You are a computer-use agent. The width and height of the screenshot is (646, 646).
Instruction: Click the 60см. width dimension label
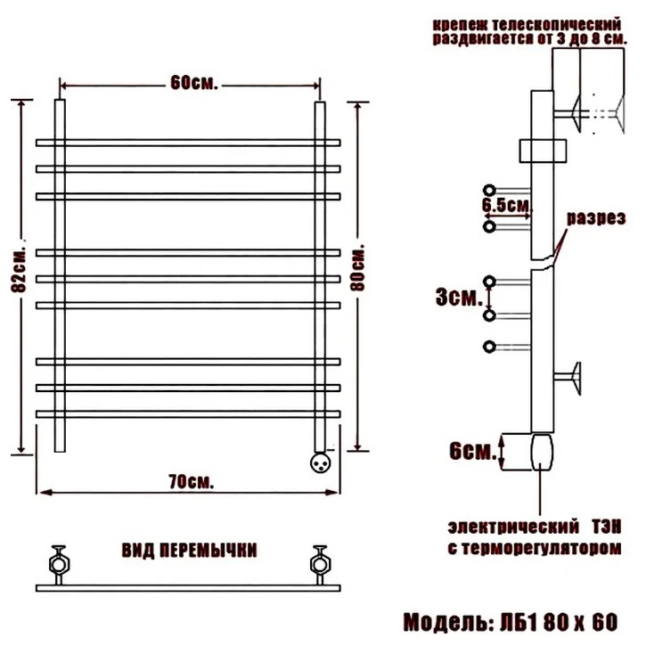click(193, 83)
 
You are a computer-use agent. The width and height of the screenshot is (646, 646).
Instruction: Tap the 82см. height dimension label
click(19, 270)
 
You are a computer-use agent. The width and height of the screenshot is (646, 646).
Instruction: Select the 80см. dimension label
click(357, 268)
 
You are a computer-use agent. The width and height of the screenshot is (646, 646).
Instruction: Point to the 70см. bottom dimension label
click(192, 481)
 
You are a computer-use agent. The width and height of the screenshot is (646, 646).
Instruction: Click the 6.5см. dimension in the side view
click(506, 205)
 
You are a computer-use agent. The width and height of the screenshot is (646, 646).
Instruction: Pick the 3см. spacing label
click(459, 297)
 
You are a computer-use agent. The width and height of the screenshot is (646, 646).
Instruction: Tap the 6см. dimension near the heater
click(473, 452)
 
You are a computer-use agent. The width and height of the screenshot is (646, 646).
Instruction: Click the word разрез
click(596, 218)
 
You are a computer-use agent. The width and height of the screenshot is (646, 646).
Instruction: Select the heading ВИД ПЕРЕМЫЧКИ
click(189, 551)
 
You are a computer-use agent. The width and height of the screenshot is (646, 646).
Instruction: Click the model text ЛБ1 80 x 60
click(559, 622)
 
